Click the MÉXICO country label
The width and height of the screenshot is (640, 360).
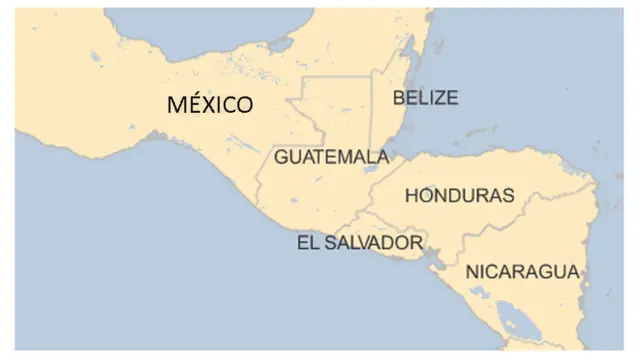pyautogui.click(x=209, y=104)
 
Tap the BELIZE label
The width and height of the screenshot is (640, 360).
pyautogui.click(x=425, y=97)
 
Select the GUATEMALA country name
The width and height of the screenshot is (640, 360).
pyautogui.click(x=331, y=157)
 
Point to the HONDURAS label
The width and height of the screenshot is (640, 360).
pyautogui.click(x=459, y=196)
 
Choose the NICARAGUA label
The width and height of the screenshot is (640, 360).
pyautogui.click(x=522, y=271)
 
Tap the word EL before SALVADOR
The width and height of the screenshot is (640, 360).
pyautogui.click(x=307, y=242)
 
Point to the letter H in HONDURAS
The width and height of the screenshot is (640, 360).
pyautogui.click(x=411, y=196)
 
